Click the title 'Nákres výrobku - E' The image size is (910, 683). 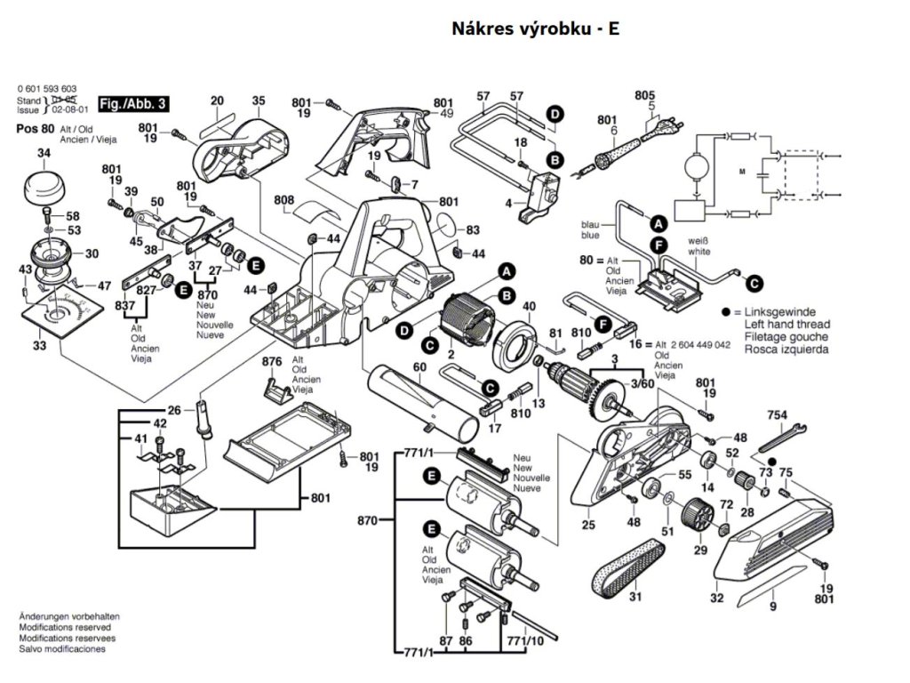535,29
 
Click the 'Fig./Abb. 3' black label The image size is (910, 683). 133,104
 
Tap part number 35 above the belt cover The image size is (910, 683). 258,101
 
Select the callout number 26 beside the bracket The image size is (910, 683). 174,410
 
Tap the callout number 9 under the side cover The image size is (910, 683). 773,607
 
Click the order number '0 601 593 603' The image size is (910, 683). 47,89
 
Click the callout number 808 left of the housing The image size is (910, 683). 283,200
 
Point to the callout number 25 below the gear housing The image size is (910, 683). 588,526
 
